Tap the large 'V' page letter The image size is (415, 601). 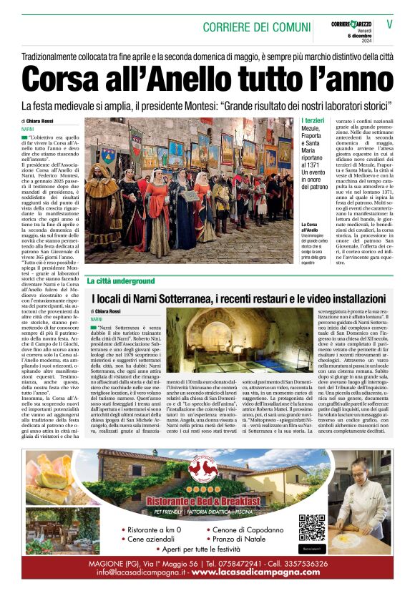click(x=390, y=24)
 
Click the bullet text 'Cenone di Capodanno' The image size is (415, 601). click(x=248, y=529)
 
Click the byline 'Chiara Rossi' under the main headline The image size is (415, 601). click(x=44, y=121)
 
